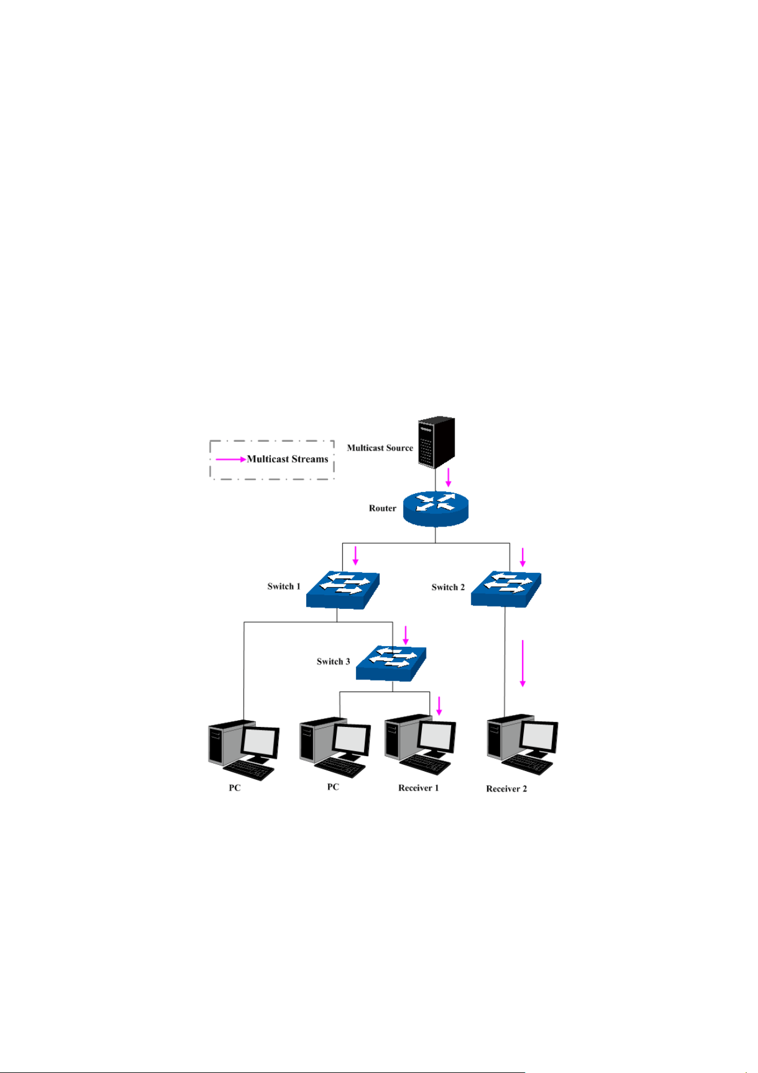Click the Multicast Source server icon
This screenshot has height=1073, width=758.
click(436, 442)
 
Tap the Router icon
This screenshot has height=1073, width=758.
click(436, 508)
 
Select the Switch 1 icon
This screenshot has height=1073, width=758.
click(343, 590)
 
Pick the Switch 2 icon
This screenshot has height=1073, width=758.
click(506, 589)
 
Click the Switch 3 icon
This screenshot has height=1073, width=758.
click(391, 663)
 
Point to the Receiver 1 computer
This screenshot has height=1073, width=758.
click(420, 744)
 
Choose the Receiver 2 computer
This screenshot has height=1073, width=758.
click(522, 744)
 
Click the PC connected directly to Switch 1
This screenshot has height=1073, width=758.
click(244, 750)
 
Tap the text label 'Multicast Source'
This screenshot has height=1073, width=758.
click(380, 448)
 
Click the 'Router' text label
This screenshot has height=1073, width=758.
click(382, 508)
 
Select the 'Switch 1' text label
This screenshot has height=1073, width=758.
click(284, 586)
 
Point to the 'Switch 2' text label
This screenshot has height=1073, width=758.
click(448, 587)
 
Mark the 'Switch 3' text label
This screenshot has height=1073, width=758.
click(333, 661)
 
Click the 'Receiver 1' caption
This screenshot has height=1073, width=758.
click(419, 788)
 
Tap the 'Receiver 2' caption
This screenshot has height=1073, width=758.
click(507, 789)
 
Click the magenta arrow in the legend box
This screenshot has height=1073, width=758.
click(231, 459)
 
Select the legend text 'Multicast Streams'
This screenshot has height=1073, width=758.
click(287, 459)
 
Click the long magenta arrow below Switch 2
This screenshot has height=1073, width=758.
click(523, 663)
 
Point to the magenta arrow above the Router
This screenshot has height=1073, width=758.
click(448, 477)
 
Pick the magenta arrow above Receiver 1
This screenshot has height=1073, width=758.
click(439, 706)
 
